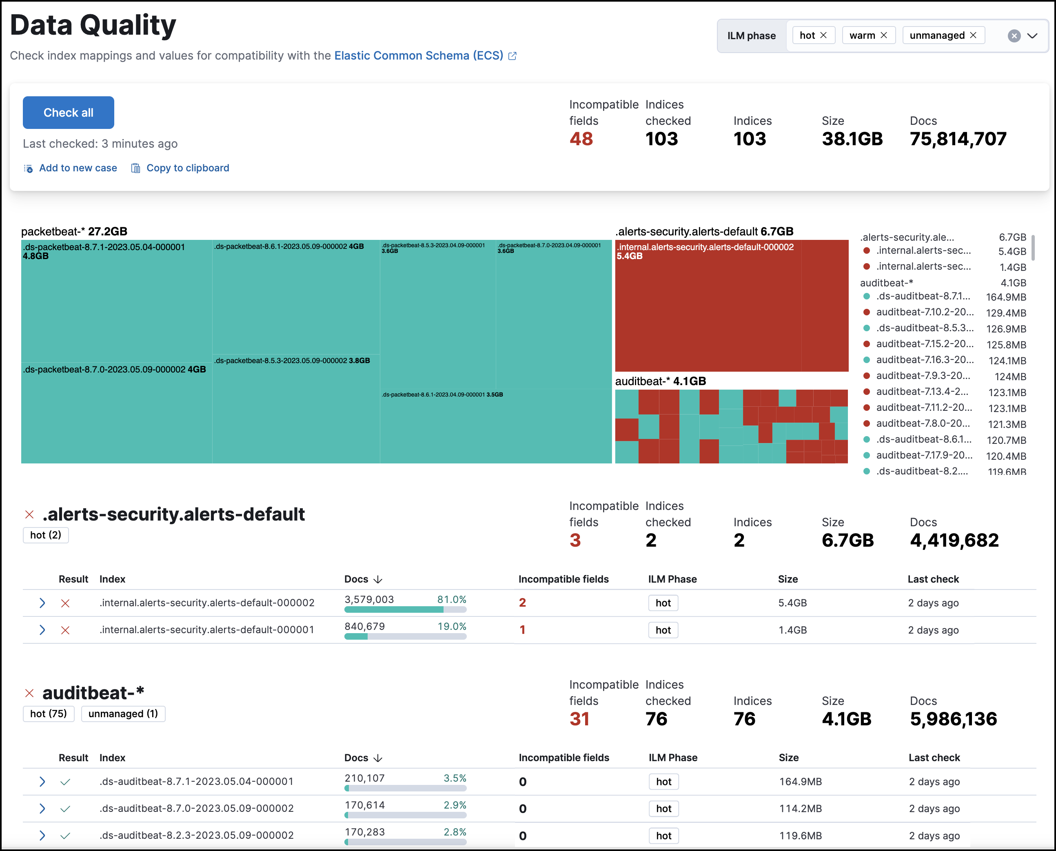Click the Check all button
[68, 113]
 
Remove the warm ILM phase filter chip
[883, 35]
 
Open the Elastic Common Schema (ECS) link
[419, 55]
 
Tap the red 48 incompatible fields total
[581, 139]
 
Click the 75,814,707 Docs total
[958, 139]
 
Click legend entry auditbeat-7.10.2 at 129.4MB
[924, 312]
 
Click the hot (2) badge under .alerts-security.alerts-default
[46, 535]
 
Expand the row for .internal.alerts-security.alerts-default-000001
[42, 630]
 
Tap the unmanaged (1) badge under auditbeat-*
[123, 714]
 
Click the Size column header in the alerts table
[788, 579]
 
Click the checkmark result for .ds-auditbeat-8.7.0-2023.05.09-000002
[65, 809]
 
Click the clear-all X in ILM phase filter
[1014, 36]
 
